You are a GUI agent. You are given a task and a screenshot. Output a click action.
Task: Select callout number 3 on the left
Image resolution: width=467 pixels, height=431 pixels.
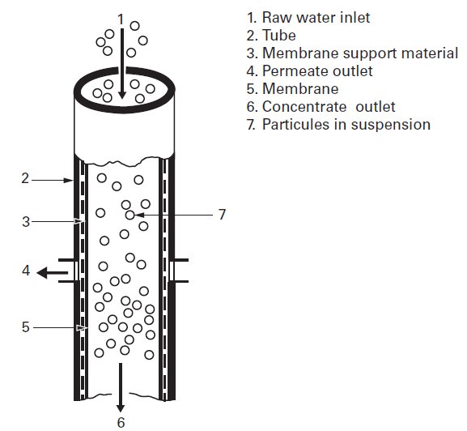(25, 221)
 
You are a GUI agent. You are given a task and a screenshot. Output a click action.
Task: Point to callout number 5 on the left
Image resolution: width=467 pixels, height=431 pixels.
(25, 327)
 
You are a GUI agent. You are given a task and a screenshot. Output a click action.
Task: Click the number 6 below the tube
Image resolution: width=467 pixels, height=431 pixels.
(121, 421)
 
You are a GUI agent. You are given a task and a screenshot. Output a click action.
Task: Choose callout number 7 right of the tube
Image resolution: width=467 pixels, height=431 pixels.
(221, 215)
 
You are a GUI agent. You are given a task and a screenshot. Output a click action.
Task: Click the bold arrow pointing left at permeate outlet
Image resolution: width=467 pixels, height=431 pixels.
(53, 272)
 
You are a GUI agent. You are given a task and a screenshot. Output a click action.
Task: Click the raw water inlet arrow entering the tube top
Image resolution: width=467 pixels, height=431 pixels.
(121, 65)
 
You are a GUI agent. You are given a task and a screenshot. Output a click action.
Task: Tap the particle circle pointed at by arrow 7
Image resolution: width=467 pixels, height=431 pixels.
(129, 215)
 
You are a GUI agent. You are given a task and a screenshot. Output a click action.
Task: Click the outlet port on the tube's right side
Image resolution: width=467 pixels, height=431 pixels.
(180, 271)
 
